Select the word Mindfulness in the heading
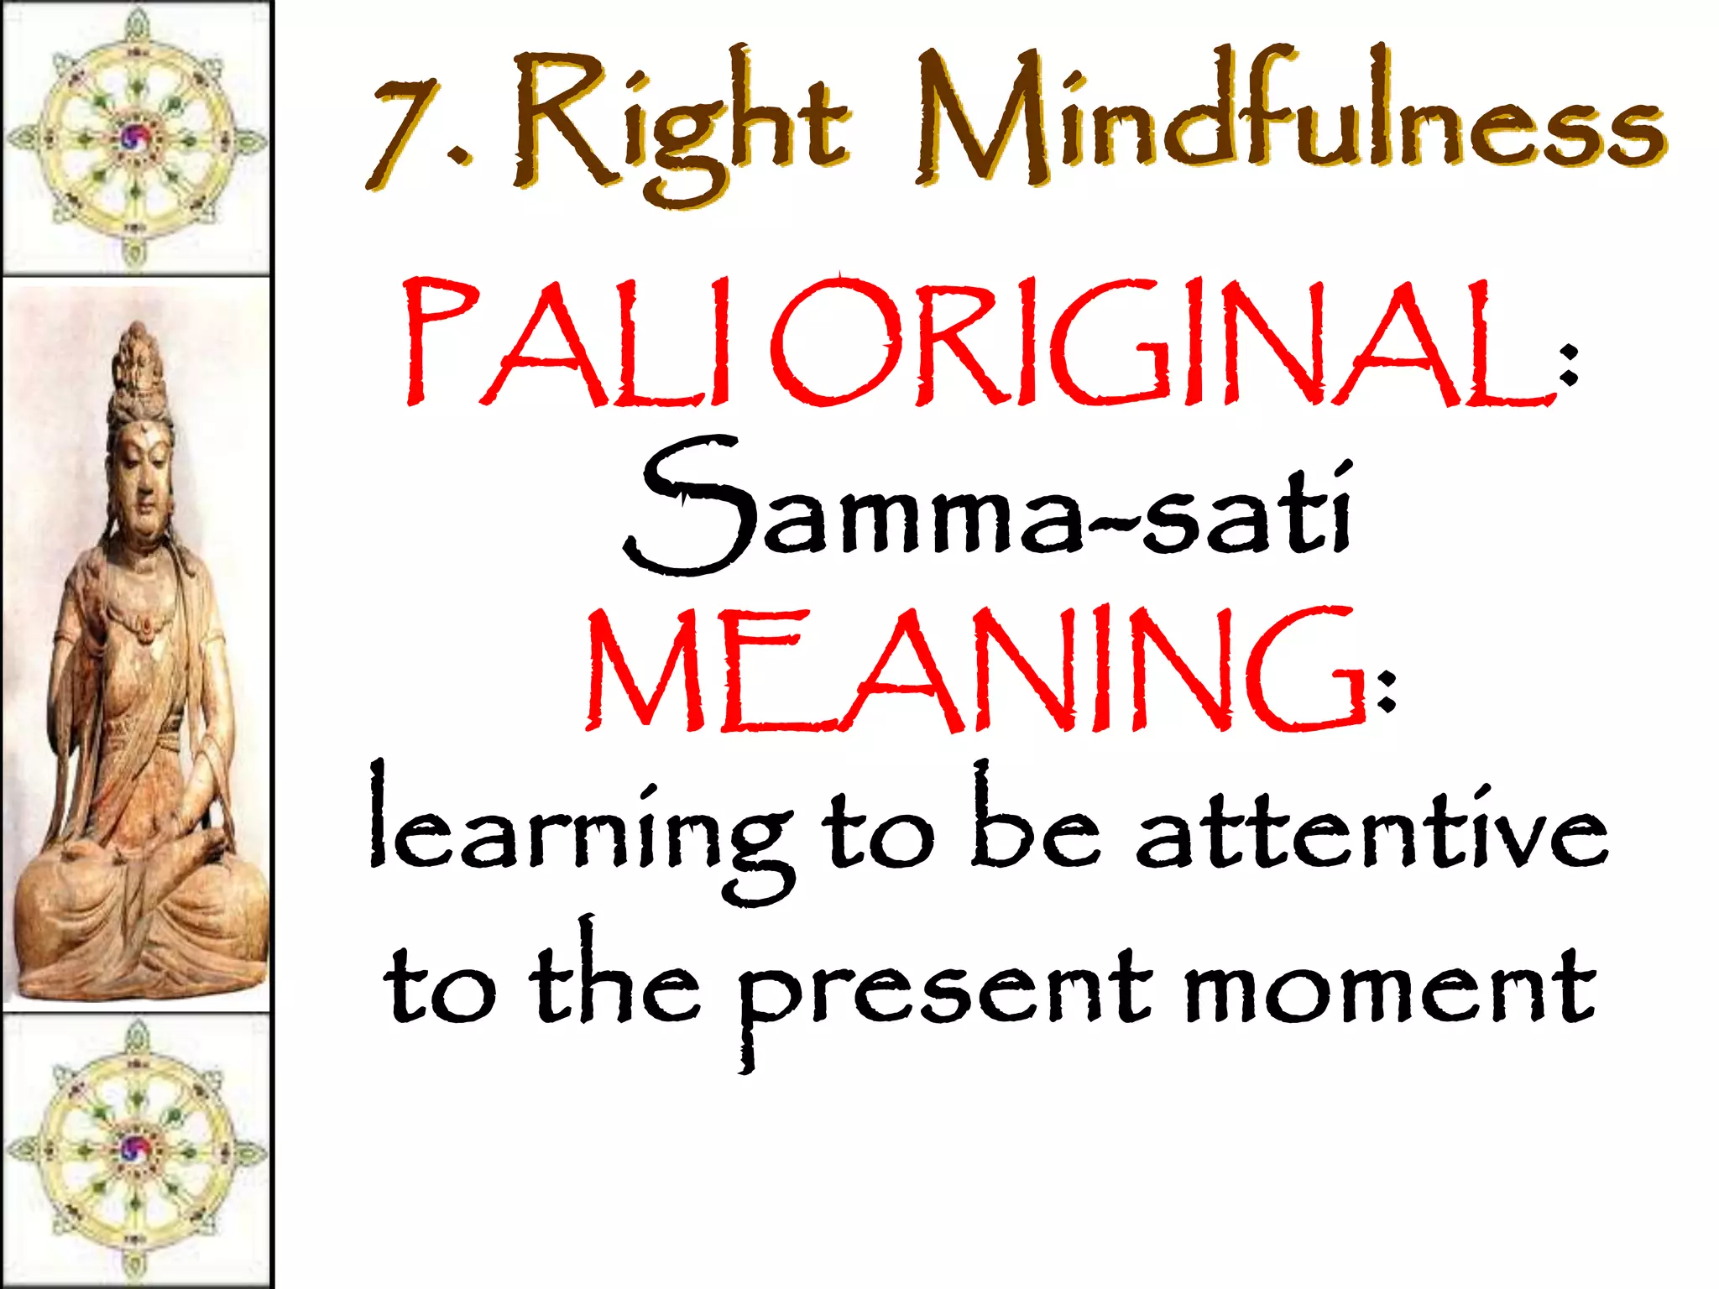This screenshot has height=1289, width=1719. pyautogui.click(x=1289, y=117)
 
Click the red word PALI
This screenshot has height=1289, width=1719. pyautogui.click(x=570, y=343)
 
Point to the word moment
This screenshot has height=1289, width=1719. pyautogui.click(x=1389, y=986)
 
